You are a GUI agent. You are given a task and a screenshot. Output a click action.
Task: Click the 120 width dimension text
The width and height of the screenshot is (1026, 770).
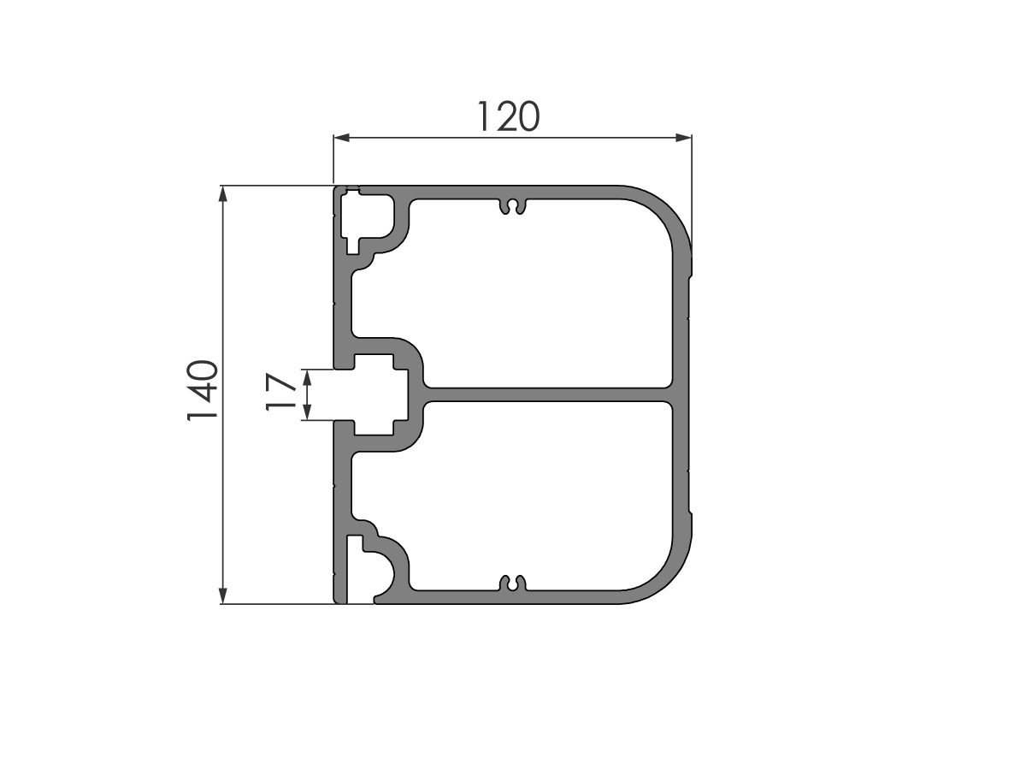coord(509,117)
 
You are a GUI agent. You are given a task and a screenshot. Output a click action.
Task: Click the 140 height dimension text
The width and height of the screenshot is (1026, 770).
coord(203,393)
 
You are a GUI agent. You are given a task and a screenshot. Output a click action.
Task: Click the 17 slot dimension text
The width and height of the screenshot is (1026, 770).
coord(281,394)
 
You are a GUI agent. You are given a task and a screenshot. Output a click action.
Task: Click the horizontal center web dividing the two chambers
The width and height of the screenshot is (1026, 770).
coord(547,394)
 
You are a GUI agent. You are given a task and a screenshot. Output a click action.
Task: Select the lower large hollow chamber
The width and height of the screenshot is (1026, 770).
coord(547,496)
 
